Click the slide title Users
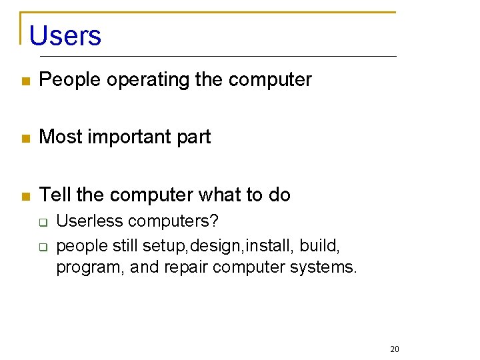[x=65, y=35]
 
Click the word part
[x=194, y=137]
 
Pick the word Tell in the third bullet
[x=55, y=195]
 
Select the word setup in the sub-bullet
[x=164, y=247]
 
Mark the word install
[x=269, y=246]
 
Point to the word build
[x=320, y=246]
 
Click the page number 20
[x=394, y=349]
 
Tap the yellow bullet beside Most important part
[x=25, y=139]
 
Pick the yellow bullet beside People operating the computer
[x=25, y=81]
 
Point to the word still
[x=125, y=246]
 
